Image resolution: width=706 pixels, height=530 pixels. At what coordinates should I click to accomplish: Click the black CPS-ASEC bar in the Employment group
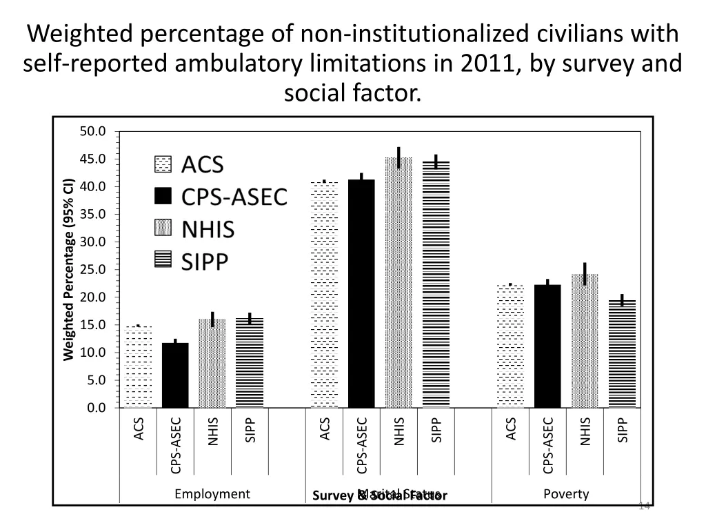click(175, 375)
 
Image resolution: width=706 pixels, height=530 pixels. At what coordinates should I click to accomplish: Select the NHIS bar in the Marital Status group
click(399, 283)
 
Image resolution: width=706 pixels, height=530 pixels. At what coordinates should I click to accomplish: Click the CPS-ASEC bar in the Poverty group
click(547, 346)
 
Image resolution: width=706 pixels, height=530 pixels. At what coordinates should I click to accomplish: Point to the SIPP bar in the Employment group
click(250, 363)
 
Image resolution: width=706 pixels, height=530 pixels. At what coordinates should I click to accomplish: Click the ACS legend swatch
click(162, 165)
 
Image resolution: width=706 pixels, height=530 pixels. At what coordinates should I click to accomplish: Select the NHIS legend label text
click(208, 230)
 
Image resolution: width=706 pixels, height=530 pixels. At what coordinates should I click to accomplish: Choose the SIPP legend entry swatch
click(162, 261)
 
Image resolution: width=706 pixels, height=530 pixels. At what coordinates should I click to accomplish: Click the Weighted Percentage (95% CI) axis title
click(68, 269)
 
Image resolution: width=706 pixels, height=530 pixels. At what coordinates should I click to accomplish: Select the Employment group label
click(212, 493)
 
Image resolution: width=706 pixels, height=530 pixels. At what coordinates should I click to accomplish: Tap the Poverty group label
click(566, 493)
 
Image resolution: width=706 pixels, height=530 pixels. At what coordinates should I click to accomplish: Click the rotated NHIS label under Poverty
click(585, 431)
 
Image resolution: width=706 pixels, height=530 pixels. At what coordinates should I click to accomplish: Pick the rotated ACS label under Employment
click(139, 428)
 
